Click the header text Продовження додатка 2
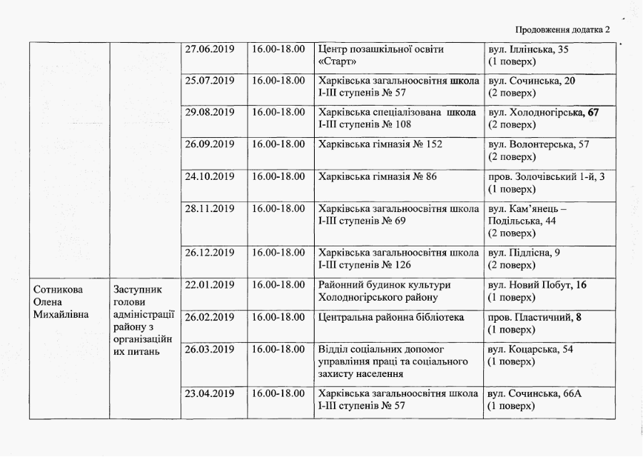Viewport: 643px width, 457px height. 563,30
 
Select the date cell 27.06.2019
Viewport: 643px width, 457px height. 210,49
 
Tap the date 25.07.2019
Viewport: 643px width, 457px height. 210,81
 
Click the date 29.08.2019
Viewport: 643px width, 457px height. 210,112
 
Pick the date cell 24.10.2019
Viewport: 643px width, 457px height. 210,176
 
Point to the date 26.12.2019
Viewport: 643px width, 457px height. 210,252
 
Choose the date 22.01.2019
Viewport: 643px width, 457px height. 210,285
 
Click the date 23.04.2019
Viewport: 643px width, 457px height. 210,393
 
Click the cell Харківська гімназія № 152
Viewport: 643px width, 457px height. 380,144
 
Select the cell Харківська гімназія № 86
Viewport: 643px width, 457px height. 378,176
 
